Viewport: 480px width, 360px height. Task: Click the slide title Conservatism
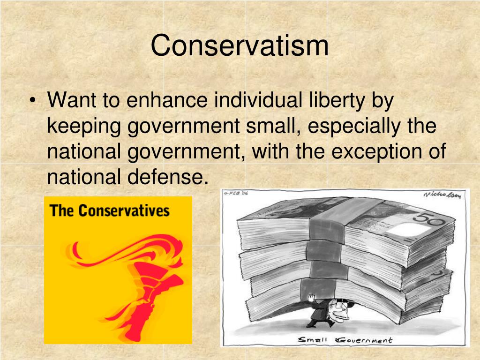[240, 45]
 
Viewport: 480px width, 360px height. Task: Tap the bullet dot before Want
[33, 101]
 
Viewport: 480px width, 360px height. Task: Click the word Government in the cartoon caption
[365, 340]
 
